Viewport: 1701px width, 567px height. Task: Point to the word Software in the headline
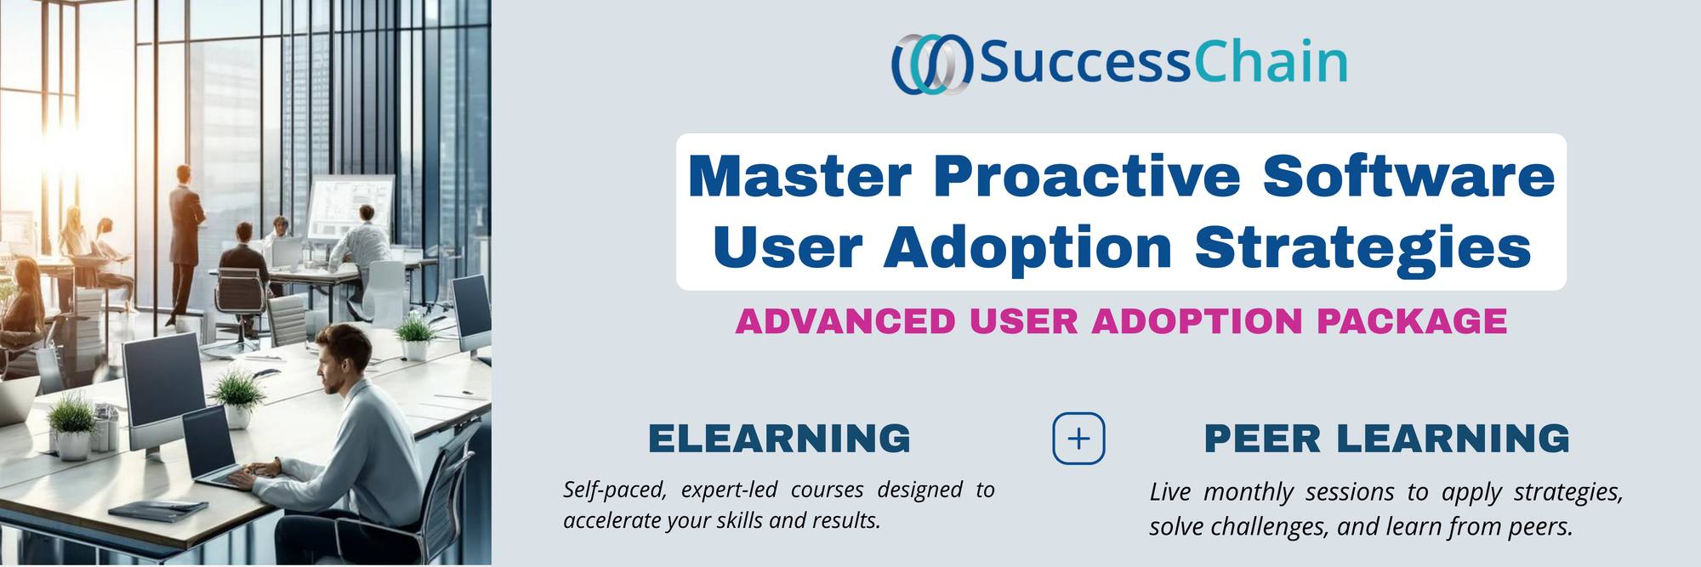[1409, 175]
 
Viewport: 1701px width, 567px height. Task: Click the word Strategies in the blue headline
[1363, 247]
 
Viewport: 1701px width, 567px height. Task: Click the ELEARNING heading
[780, 439]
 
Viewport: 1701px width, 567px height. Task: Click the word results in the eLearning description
[845, 520]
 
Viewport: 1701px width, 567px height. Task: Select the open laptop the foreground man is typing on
[217, 451]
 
